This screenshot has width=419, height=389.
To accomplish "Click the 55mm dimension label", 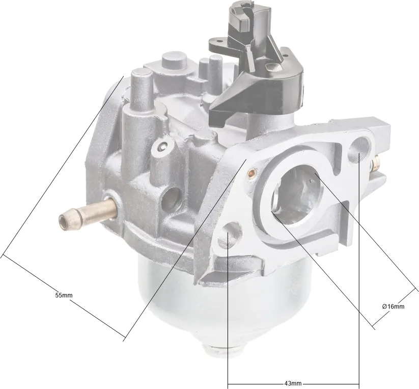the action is coord(64,295).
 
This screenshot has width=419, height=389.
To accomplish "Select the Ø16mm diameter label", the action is coord(393,306).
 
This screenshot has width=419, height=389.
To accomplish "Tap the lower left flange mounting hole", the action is coord(229,236).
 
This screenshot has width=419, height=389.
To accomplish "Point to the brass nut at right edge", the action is coord(376,163).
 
